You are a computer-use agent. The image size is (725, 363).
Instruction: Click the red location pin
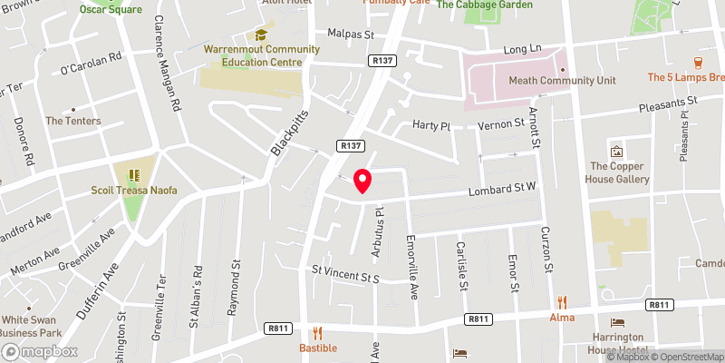coord(362,181)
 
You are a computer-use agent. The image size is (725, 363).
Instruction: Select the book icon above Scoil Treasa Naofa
coord(134,174)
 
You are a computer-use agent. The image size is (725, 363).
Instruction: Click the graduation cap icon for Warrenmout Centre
coord(260,34)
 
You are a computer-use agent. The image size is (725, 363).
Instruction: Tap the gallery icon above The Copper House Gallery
coord(617,151)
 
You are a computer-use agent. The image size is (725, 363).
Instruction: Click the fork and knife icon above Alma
coord(562,302)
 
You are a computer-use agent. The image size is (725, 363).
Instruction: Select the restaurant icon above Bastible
coord(317,333)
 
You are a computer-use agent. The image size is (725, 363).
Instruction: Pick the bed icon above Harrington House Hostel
coord(617,322)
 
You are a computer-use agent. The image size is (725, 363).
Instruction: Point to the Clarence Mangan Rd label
coord(166,63)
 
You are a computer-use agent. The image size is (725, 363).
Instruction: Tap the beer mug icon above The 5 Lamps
coord(698,63)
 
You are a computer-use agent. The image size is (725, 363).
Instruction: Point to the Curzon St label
coord(546,250)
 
